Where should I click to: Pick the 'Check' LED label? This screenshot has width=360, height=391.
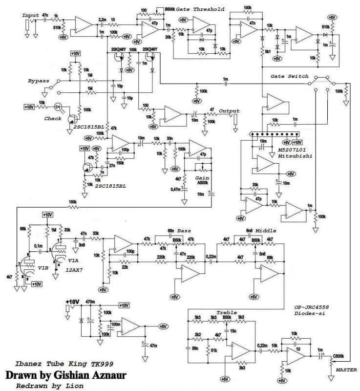click(53, 118)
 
